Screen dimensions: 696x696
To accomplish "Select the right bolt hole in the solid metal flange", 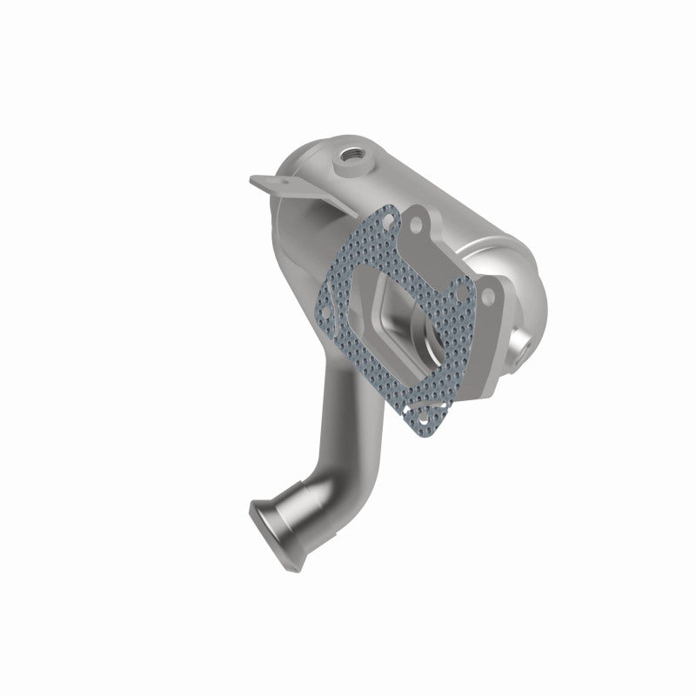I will [x=487, y=298].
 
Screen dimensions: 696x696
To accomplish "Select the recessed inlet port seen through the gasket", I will [x=418, y=331].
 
